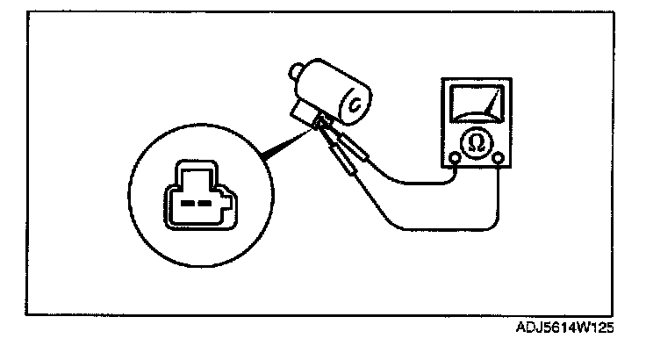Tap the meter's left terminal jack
click(455, 159)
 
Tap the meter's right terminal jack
click(498, 159)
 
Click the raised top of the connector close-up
click(195, 169)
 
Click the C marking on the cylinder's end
click(355, 104)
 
